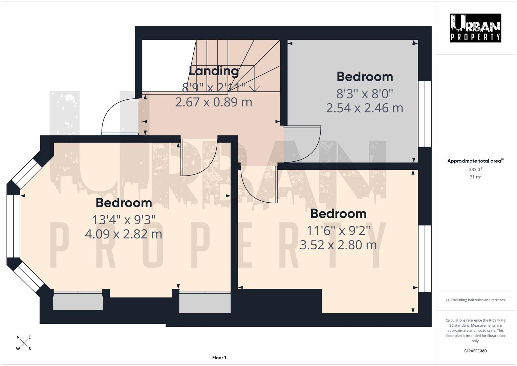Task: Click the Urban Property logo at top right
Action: pos(475,28)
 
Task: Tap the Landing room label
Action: pos(214,71)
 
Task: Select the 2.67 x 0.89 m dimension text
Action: pos(214,102)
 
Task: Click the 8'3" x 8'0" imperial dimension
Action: pos(365,93)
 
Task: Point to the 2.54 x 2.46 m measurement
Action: pos(365,108)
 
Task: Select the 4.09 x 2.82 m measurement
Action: pos(124,234)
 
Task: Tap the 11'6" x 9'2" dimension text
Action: pos(338,230)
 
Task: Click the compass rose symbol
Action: pos(24,343)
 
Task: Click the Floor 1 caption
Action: pos(219,358)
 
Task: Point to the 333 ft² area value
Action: pos(475,169)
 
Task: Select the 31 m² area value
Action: pos(475,177)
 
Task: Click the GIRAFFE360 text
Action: pos(475,351)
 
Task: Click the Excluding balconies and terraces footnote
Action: pos(475,300)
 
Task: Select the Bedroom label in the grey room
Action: pos(365,77)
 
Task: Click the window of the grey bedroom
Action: pos(425,114)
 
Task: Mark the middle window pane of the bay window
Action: pos(14,226)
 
